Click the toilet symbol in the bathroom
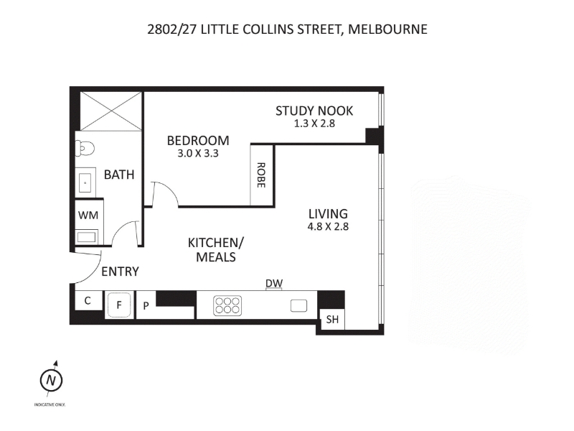85,149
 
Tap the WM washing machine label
88,215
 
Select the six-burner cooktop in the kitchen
227,305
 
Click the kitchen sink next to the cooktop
298,306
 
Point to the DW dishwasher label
274,283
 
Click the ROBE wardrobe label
260,175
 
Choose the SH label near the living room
332,320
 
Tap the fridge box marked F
119,305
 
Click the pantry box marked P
146,305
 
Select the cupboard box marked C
88,300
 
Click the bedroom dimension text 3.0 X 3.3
198,153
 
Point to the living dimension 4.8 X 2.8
328,226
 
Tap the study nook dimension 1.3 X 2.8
314,124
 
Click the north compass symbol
51,379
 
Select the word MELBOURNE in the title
387,29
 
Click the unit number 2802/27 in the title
172,29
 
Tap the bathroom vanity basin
85,182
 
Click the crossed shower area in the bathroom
111,111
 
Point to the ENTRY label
120,272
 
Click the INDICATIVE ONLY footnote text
50,404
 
